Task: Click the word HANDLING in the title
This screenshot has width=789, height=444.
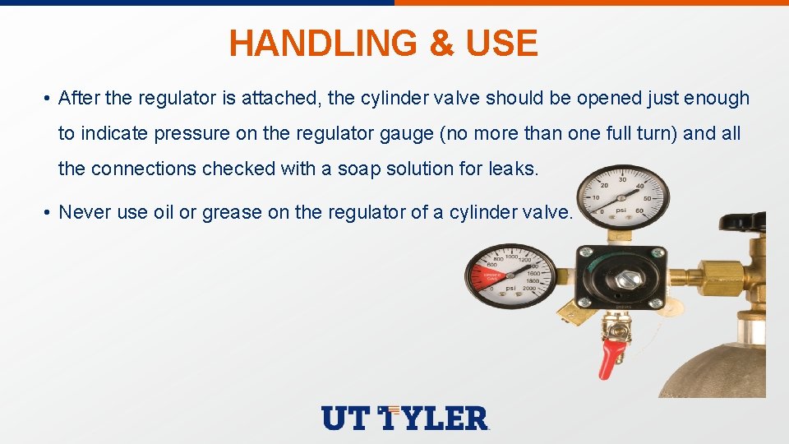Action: (x=323, y=43)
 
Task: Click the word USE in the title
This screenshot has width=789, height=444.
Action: (x=501, y=43)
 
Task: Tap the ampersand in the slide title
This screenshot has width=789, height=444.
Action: (x=441, y=43)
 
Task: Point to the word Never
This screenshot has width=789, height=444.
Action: (x=85, y=212)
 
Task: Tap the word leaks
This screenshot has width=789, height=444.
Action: (x=514, y=169)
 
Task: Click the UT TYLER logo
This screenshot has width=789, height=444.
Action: (x=405, y=418)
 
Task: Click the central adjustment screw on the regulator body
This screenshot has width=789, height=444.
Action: (x=622, y=279)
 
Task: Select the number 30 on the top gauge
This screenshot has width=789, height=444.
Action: (x=623, y=179)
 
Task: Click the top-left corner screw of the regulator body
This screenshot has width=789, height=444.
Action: (x=585, y=253)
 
